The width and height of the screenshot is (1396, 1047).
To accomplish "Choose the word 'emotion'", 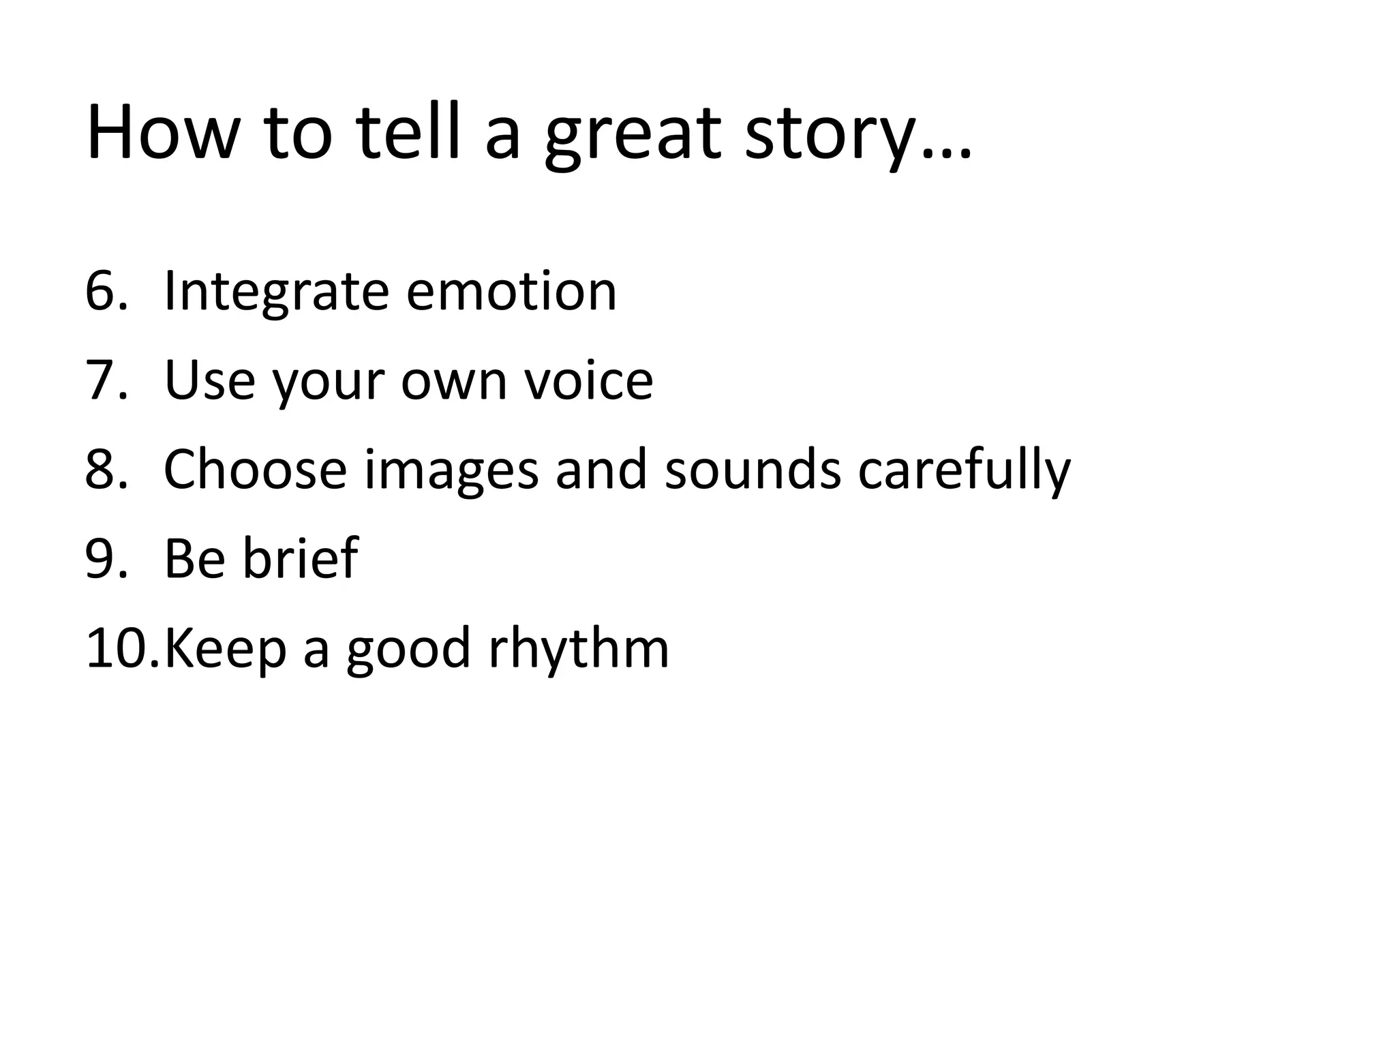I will coord(511,291).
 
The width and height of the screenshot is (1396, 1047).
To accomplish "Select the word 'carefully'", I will coord(964,470).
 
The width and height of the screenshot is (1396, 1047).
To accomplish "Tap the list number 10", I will coord(120,648).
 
